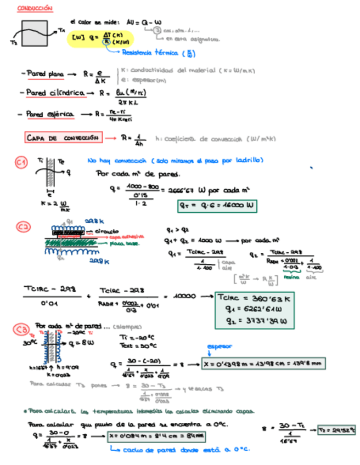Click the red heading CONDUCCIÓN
35,9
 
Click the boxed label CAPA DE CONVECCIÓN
63,138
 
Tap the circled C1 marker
21,163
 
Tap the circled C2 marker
22,227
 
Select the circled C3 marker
21,329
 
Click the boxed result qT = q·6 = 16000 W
217,206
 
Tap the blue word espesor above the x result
219,347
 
